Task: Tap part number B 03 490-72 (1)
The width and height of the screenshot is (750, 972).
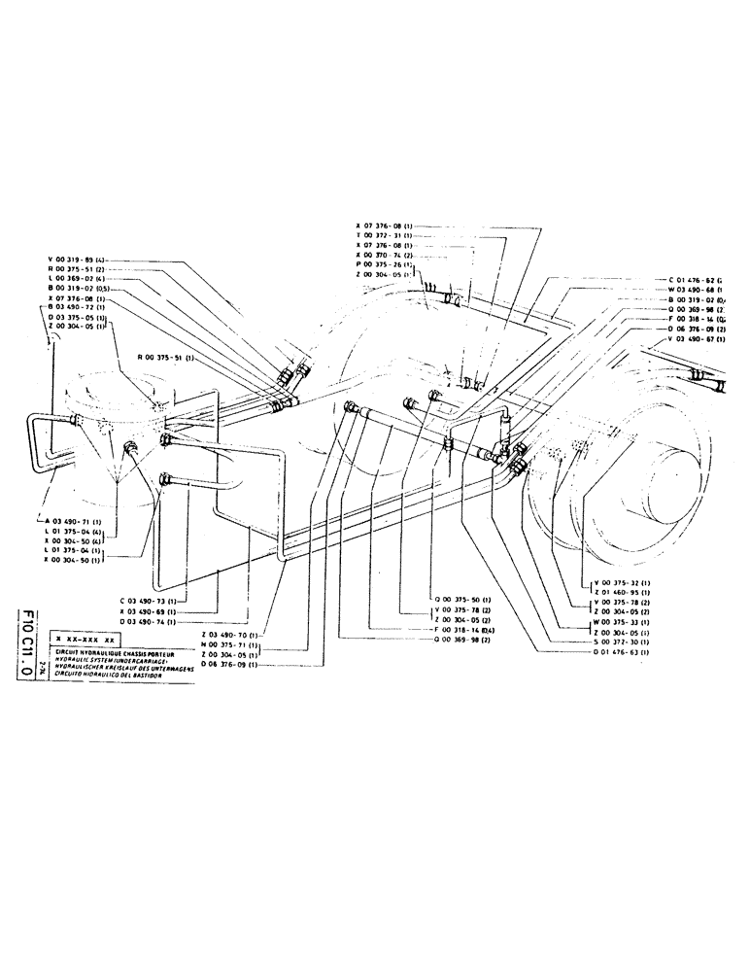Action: (82, 307)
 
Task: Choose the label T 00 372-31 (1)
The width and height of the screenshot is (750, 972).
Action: (386, 236)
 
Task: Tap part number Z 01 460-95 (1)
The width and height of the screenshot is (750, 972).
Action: (622, 590)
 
